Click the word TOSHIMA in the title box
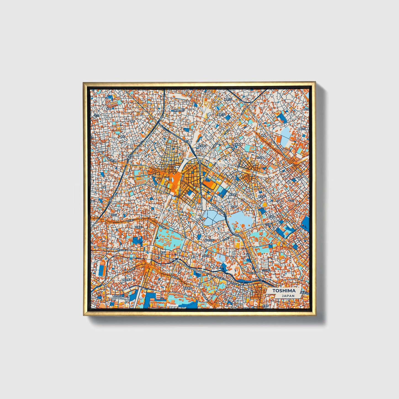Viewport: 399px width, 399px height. click(x=284, y=290)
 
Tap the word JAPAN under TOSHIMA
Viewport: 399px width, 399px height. click(x=288, y=295)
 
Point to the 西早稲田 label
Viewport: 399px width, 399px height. click(x=189, y=288)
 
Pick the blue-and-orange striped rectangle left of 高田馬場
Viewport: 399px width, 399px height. click(x=102, y=267)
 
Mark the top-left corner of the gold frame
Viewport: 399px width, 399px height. click(x=84, y=83)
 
